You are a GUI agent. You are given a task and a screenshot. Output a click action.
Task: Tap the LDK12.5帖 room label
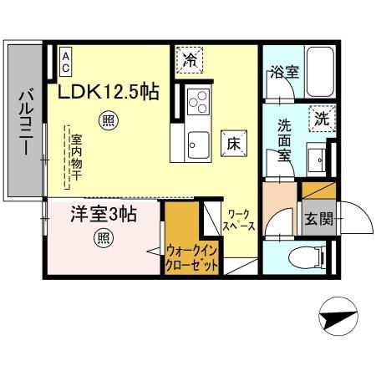coord(108,92)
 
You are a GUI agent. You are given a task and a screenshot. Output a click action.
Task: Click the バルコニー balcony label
coord(25,126)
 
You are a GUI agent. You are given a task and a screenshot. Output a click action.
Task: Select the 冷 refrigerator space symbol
coord(191,60)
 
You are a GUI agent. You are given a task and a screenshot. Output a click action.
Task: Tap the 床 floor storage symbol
coord(231,143)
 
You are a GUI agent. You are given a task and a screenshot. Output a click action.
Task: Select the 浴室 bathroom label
coord(283,74)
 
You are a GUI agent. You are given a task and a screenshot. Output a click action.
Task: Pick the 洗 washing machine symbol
coord(322,119)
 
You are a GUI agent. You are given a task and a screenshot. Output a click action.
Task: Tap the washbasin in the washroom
coord(318,157)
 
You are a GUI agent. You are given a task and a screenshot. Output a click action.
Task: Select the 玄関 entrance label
coord(319,219)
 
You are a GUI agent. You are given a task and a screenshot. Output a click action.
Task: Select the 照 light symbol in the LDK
coord(108,119)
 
